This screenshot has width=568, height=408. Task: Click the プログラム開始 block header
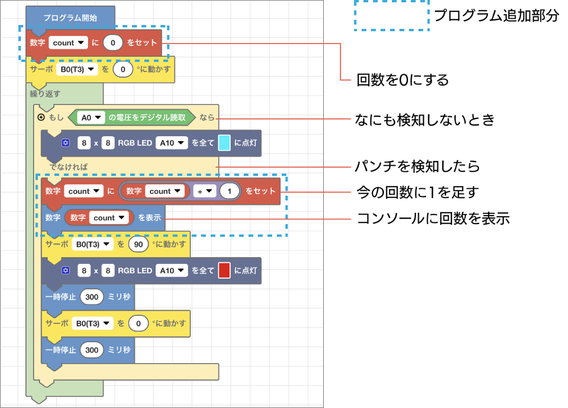tap(70, 18)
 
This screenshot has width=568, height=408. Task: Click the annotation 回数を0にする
tap(403, 80)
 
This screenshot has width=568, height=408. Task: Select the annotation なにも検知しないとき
tap(425, 120)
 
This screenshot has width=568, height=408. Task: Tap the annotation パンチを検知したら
tap(417, 166)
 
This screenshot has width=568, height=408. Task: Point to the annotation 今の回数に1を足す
tap(417, 192)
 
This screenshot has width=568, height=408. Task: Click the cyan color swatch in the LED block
tap(224, 143)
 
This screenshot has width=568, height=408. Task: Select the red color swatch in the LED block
tap(224, 271)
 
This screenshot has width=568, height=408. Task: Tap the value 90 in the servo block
tap(139, 244)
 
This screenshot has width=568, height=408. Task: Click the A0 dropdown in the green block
tap(91, 117)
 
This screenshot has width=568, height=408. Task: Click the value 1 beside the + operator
tap(229, 191)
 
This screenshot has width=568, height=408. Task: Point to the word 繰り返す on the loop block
tap(45, 94)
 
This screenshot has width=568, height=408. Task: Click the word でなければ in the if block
tap(69, 167)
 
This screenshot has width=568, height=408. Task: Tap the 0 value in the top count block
tap(112, 43)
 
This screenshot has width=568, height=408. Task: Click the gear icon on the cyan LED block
tap(66, 143)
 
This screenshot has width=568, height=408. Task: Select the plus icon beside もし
tap(40, 117)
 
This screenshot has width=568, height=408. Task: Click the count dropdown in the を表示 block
tap(108, 218)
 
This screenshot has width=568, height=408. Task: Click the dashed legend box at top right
tap(391, 15)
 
